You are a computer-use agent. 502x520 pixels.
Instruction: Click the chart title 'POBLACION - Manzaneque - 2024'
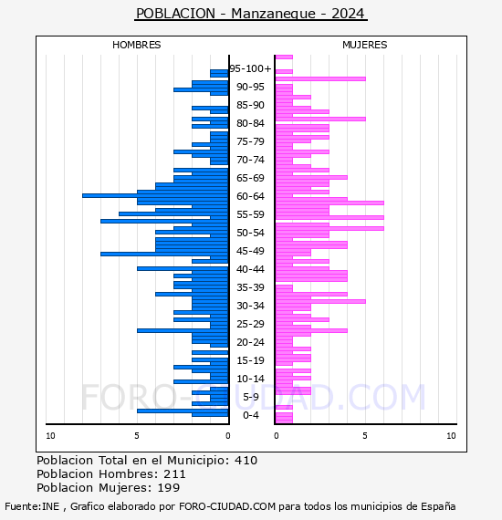pos(250,14)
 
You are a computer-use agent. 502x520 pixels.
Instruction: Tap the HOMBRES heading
pos(136,45)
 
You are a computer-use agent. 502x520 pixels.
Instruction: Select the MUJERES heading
pos(365,45)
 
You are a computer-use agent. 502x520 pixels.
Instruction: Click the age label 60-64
pos(250,196)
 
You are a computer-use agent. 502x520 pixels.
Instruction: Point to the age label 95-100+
pos(250,68)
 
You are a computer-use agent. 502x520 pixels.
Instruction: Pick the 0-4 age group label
pos(250,415)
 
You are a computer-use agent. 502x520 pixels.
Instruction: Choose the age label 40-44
pos(250,269)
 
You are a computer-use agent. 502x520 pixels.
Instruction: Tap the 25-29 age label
pos(250,324)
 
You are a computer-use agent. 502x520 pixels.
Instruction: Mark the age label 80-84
pos(250,123)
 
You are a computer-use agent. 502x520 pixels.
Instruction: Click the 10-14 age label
pos(250,379)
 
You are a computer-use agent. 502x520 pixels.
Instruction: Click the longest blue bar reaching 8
pos(155,195)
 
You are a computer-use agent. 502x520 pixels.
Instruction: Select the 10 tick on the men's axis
pos(50,436)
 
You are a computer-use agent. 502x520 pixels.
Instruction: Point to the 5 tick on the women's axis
pos(365,436)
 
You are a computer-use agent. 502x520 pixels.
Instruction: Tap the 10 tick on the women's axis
pos(451,436)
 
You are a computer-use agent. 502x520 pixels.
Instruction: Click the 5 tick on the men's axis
pos(137,436)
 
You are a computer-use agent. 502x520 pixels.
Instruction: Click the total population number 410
pos(246,461)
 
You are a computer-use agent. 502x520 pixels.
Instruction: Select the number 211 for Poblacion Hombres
pos(174,473)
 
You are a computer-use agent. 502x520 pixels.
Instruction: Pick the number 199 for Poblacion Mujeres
pos(169,488)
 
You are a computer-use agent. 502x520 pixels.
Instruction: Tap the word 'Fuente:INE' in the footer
pos(32,506)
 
